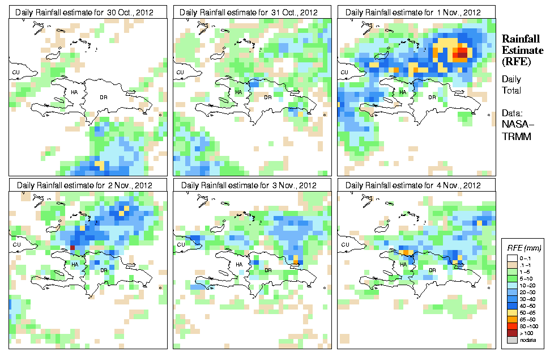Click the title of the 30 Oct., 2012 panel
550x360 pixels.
pyautogui.click(x=87, y=12)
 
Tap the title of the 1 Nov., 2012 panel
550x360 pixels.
pyautogui.click(x=416, y=12)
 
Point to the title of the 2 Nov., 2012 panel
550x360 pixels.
pyautogui.click(x=87, y=185)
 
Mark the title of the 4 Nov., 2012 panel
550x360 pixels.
pyautogui.click(x=416, y=185)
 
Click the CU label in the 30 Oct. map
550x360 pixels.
pyautogui.click(x=16, y=72)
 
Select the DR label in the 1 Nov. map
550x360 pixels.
pyautogui.click(x=432, y=97)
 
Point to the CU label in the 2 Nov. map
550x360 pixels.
pyautogui.click(x=16, y=245)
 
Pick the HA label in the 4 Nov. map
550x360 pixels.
pyautogui.click(x=403, y=264)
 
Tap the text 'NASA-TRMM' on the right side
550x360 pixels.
pyautogui.click(x=514, y=132)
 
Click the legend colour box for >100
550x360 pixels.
pyautogui.click(x=513, y=332)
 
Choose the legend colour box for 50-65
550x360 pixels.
pyautogui.click(x=513, y=312)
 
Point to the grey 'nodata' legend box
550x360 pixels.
pyautogui.click(x=513, y=339)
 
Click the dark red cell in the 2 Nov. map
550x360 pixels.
pyautogui.click(x=72, y=248)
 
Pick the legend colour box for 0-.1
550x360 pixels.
pyautogui.click(x=513, y=257)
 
